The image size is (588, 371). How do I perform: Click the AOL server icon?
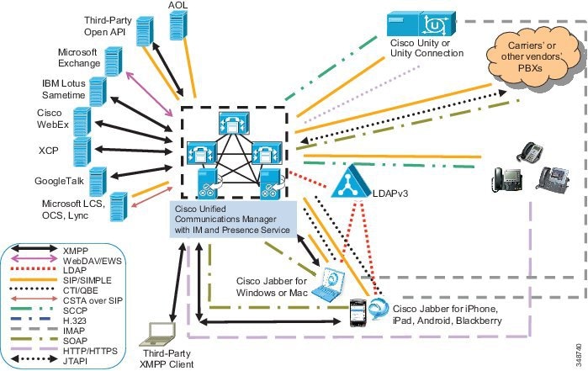[178, 24]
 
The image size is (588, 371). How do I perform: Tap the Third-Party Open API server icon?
[145, 31]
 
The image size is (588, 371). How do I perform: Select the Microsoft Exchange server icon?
[114, 61]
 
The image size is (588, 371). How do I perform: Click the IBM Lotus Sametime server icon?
[98, 92]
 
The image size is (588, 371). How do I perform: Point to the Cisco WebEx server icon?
[82, 121]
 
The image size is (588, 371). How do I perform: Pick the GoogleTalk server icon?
[98, 182]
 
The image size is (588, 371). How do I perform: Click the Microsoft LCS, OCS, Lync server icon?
[119, 207]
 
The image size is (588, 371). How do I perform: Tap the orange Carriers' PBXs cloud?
[533, 57]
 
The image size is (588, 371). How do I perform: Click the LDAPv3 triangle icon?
[351, 182]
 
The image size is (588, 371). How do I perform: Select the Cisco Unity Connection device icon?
[421, 24]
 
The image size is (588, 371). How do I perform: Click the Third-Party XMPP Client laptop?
[157, 334]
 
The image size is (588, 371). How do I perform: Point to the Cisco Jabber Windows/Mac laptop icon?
[329, 284]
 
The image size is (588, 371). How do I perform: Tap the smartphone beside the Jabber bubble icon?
[358, 312]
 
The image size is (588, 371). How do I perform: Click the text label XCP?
[49, 151]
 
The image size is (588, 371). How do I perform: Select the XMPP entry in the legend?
[76, 250]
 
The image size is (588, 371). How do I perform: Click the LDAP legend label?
[75, 270]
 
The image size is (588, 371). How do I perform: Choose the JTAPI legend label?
[75, 361]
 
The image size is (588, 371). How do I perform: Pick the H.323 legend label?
[75, 321]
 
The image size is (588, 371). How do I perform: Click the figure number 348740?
[580, 355]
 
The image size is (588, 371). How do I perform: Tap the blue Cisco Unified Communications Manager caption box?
[233, 220]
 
